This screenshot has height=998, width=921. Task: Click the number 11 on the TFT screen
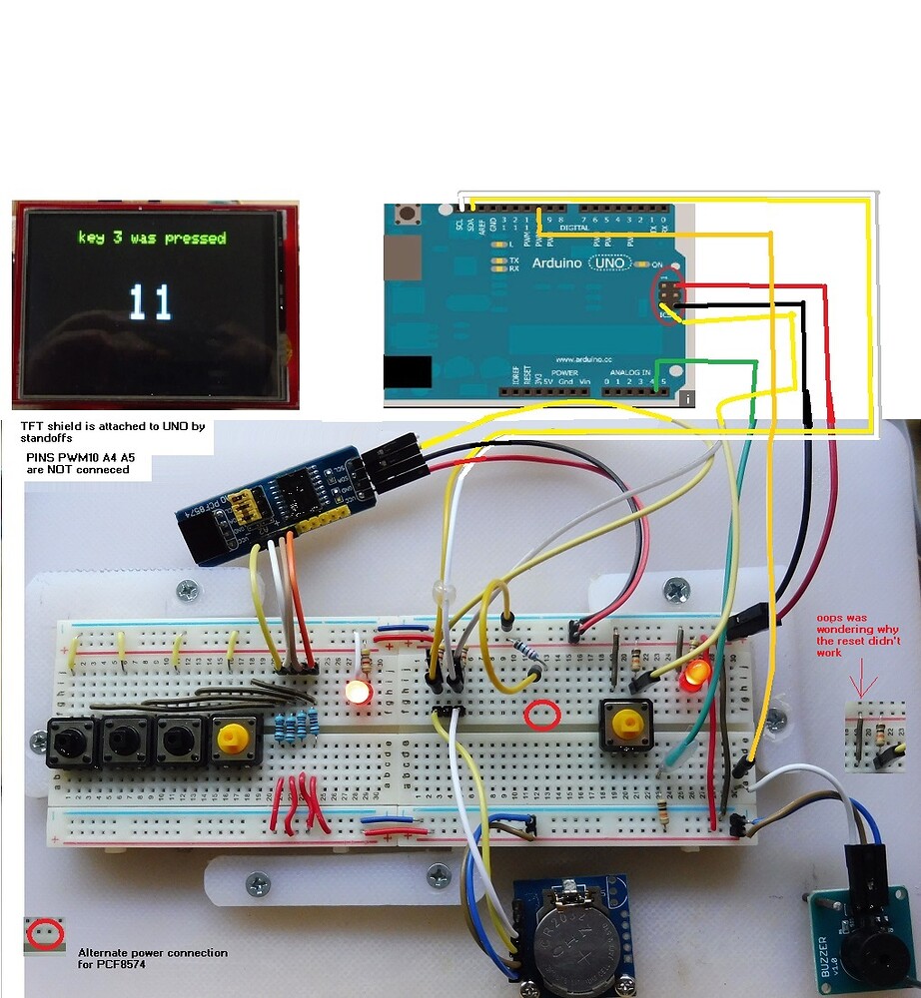click(150, 301)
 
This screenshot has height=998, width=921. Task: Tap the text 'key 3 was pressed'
click(152, 239)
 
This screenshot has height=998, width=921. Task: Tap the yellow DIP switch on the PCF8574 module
click(244, 508)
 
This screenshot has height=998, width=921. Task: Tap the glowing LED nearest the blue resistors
click(357, 691)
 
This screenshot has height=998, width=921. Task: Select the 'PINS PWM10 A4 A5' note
click(78, 462)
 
